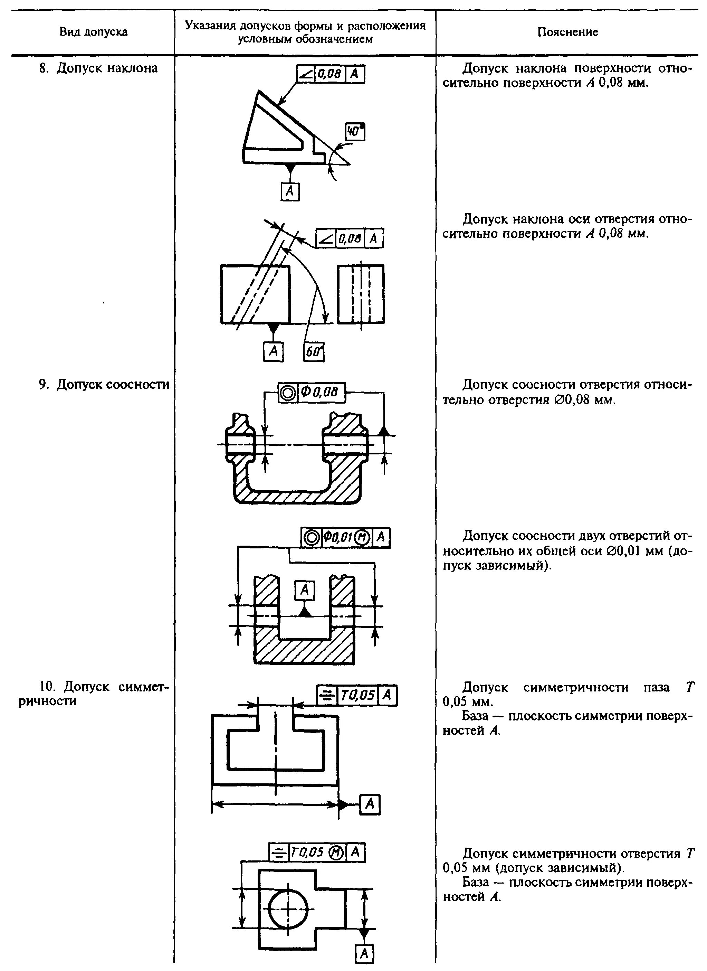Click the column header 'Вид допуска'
pos(93,32)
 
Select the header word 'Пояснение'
pos(567,32)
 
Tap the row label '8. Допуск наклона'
pos(98,68)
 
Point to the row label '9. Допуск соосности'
pos(104,385)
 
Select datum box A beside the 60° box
pos(273,351)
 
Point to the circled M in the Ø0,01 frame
pos(363,538)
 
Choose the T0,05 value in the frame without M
pos(358,696)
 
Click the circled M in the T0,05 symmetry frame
pos(335,853)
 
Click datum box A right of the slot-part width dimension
pos(370,804)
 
